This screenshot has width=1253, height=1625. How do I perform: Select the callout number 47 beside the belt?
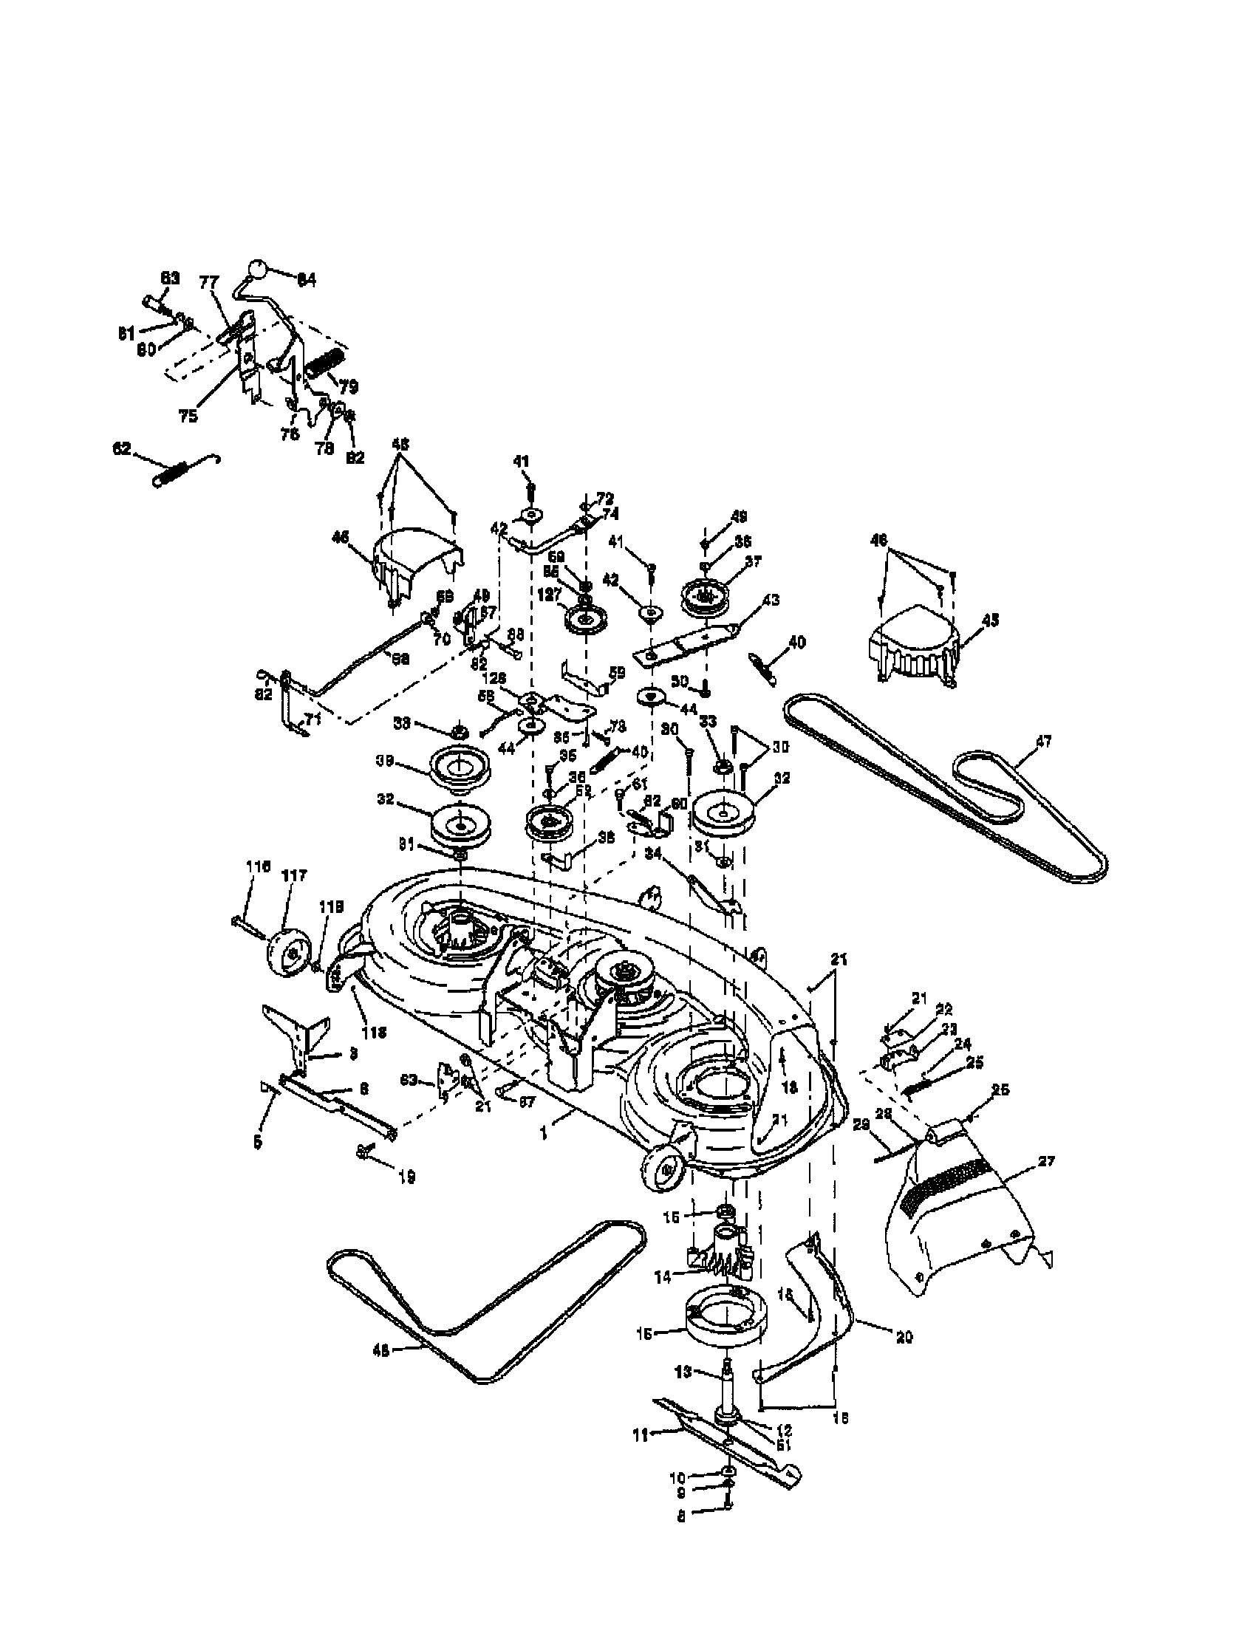coord(1043,741)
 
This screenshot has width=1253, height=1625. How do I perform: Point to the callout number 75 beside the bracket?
coord(189,416)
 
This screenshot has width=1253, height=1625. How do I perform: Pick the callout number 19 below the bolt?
coord(406,1177)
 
